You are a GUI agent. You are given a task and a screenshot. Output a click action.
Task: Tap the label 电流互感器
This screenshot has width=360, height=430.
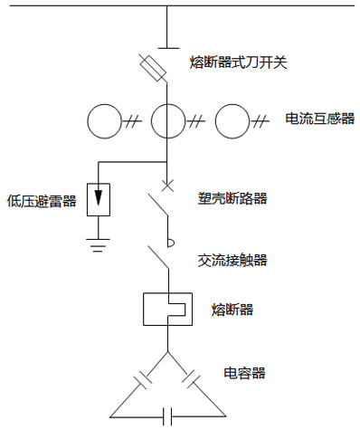tap(319, 119)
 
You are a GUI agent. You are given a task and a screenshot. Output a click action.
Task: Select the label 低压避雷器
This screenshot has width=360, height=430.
tap(41, 200)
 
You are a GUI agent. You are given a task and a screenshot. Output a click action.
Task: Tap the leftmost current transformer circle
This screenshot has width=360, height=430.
tap(104, 120)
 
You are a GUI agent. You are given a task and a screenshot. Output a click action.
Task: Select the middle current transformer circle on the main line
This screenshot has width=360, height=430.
tap(167, 120)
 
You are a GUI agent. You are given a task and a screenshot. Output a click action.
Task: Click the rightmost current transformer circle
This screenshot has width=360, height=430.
tap(232, 120)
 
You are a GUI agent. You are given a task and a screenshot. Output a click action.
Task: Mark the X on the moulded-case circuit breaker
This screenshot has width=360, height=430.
tap(167, 187)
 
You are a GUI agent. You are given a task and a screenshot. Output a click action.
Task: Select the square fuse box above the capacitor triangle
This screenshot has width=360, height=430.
tap(166, 310)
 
